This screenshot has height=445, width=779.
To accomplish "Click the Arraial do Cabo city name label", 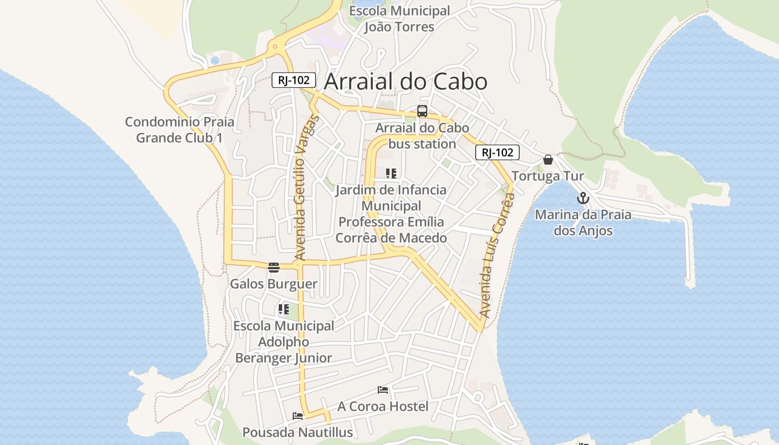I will click(x=406, y=82).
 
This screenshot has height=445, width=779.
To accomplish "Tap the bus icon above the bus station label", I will click(x=422, y=111).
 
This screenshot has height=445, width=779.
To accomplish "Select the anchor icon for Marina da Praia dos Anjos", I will click(x=583, y=198).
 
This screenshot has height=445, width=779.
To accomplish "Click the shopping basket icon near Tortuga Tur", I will click(x=548, y=160).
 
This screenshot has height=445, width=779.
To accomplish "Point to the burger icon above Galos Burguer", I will click(x=273, y=268).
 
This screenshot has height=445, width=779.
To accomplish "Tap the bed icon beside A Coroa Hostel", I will click(x=383, y=390).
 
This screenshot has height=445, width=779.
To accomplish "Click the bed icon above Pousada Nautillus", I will click(x=298, y=416).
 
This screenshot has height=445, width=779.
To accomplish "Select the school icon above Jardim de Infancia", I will click(x=391, y=174).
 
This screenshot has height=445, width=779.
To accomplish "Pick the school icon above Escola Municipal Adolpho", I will click(x=284, y=309).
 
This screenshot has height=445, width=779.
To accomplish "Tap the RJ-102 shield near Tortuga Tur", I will click(x=497, y=152).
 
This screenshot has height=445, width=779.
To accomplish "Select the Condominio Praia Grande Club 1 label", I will click(x=179, y=130).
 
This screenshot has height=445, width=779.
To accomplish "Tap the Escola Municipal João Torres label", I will click(x=399, y=18).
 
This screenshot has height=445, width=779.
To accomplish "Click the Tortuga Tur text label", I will click(x=548, y=176).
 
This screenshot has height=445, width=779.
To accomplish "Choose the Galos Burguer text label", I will click(x=274, y=284).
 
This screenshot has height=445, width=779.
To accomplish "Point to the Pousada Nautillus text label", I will click(x=297, y=432).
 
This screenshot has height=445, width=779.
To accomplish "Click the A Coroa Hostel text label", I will click(x=383, y=407).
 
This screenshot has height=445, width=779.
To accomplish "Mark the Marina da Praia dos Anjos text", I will click(x=583, y=222).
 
